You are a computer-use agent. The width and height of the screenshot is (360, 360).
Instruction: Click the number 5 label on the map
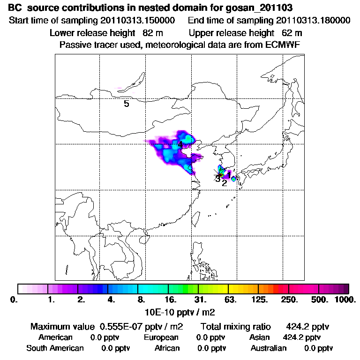pyautogui.click(x=127, y=104)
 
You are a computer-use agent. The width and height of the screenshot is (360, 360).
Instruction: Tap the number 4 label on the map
pyautogui.click(x=180, y=145)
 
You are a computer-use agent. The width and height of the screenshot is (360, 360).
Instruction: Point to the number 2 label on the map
pyautogui.click(x=225, y=183)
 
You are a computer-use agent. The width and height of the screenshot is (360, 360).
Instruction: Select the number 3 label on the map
pyautogui.click(x=217, y=179)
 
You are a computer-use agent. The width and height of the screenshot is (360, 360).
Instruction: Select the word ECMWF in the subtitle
pyautogui.click(x=284, y=45)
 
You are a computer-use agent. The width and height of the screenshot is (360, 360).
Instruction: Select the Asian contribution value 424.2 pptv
pyautogui.click(x=302, y=337)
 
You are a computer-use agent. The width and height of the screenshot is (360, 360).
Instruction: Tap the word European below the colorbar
pyautogui.click(x=161, y=337)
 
